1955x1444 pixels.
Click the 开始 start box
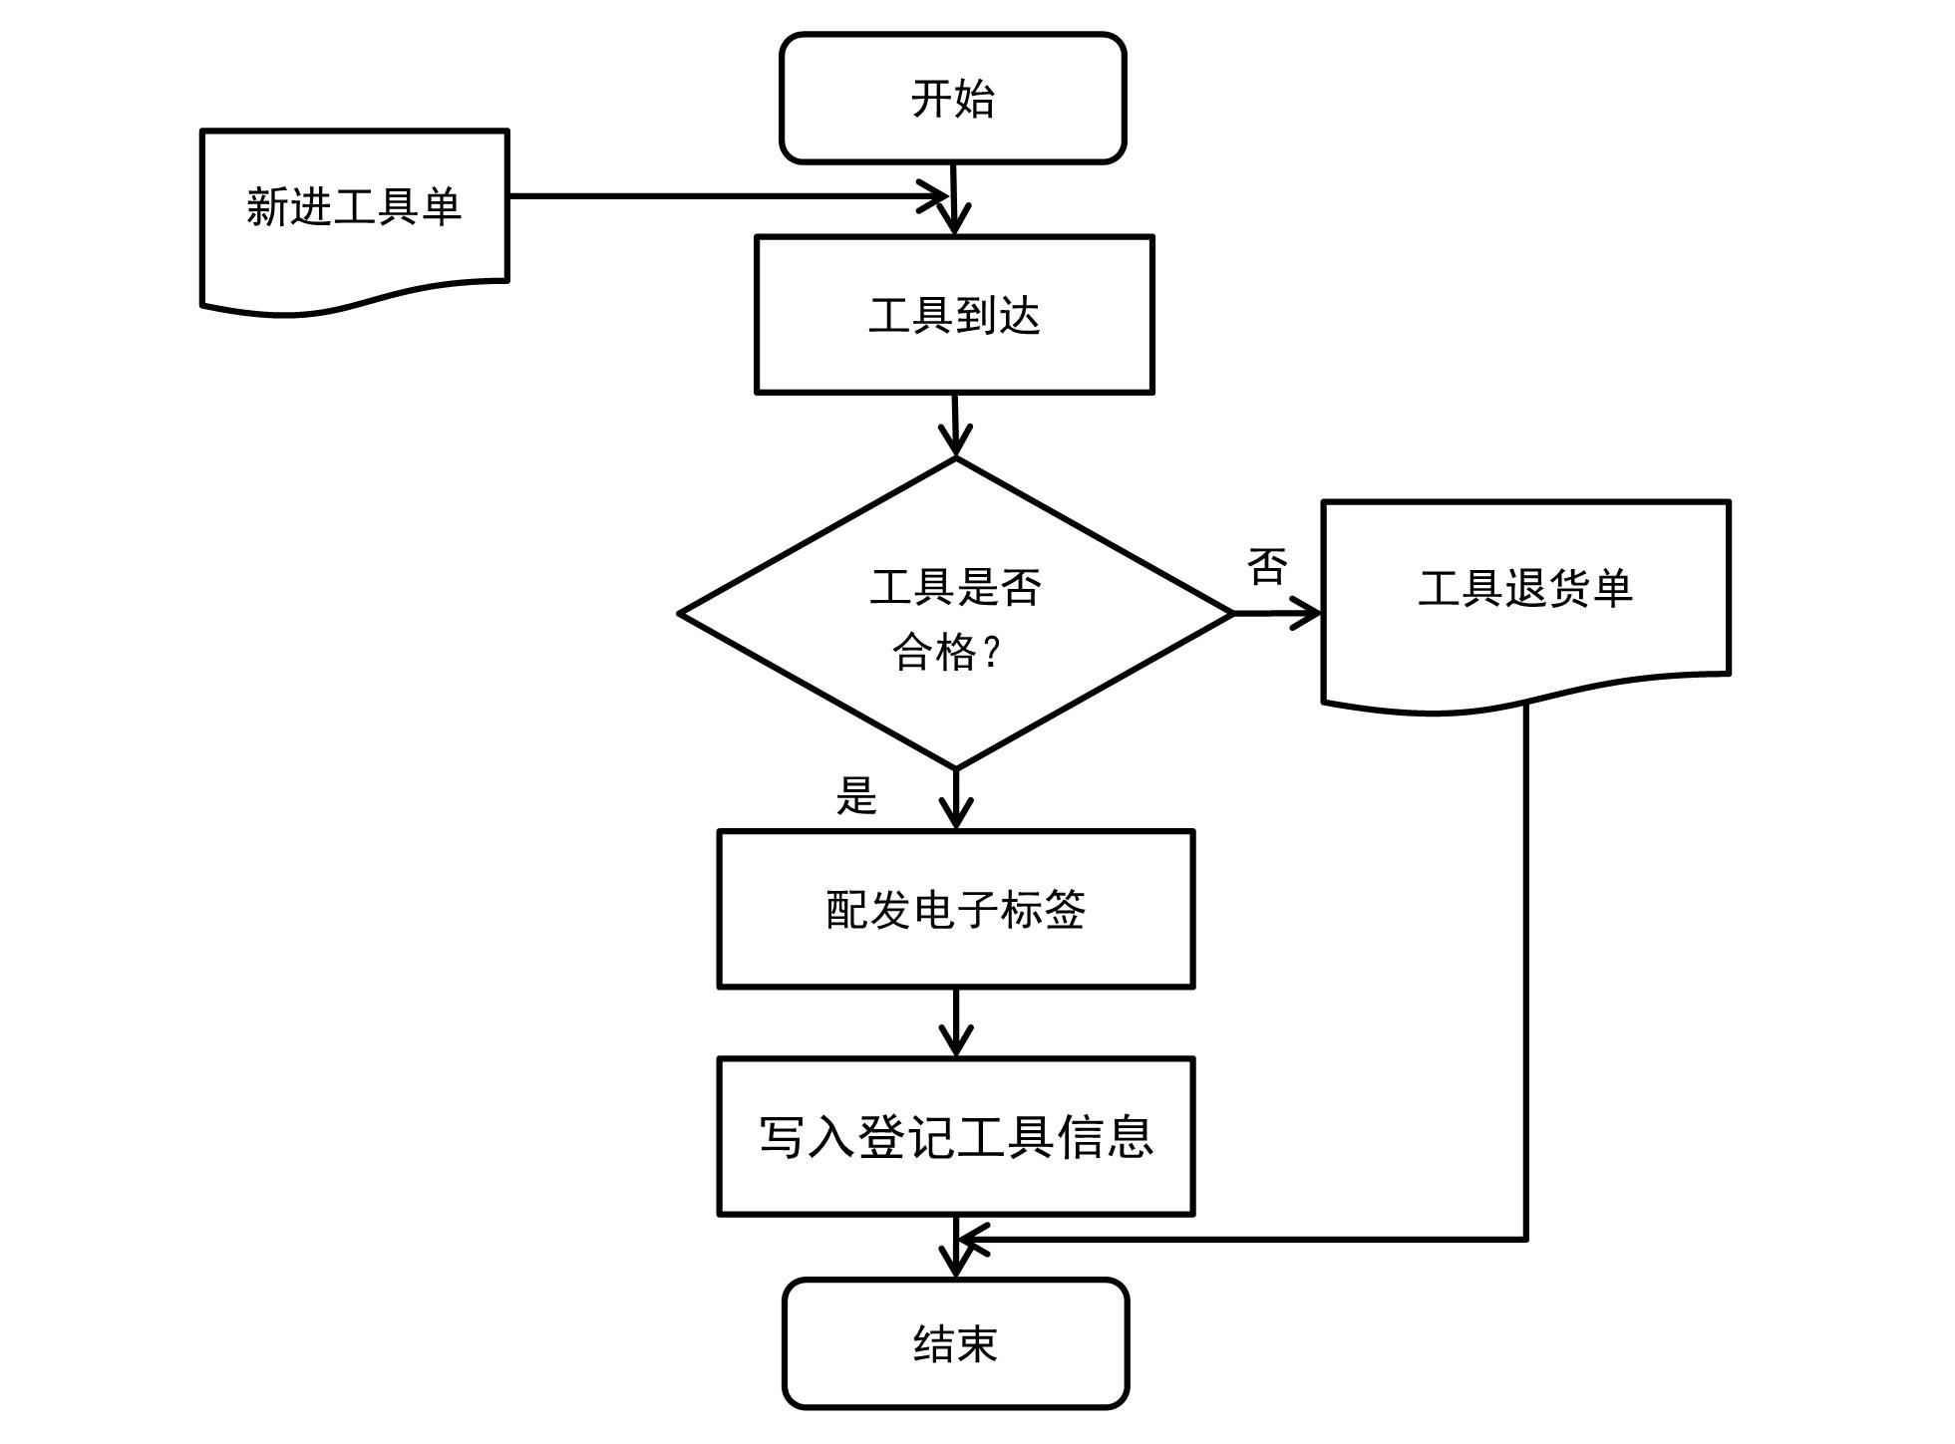click(952, 98)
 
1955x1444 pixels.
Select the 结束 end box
click(955, 1343)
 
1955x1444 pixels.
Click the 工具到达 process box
click(954, 315)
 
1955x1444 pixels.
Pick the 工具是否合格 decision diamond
click(955, 614)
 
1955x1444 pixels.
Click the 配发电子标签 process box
click(955, 909)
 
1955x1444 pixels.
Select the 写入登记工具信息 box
click(955, 1136)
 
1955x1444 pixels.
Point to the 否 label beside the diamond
click(1267, 567)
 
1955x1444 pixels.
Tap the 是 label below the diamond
click(856, 796)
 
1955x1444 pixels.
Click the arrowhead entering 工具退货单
click(1306, 613)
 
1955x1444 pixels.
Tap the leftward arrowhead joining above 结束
click(973, 1240)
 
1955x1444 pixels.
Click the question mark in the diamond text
click(991, 653)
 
